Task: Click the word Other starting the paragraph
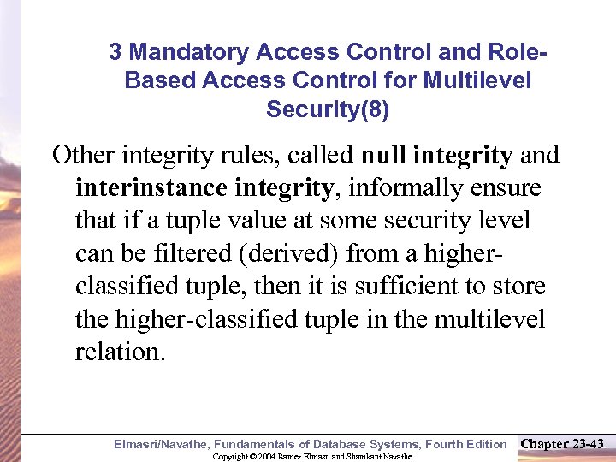pos(84,156)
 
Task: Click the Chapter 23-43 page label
pos(562,443)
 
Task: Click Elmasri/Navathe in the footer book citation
pos(162,444)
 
